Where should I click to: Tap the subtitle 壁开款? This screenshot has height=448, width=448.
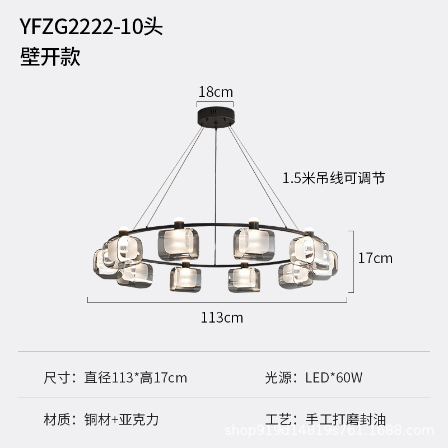(50, 57)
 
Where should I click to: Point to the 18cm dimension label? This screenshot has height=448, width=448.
(216, 92)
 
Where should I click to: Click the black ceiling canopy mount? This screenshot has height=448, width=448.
(215, 116)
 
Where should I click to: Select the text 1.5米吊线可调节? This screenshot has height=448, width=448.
(334, 179)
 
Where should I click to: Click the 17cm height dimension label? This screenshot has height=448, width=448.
(375, 258)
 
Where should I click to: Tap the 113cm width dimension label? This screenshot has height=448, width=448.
(222, 318)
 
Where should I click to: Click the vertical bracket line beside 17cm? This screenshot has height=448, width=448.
(353, 261)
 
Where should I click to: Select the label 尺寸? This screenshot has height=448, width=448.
(59, 378)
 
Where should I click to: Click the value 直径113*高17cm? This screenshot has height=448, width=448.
(136, 378)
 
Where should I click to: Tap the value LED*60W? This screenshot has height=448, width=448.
(334, 378)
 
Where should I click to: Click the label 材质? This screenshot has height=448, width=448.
(59, 419)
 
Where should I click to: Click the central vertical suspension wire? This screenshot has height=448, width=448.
(214, 185)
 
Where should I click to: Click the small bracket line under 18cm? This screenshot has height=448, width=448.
(215, 103)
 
